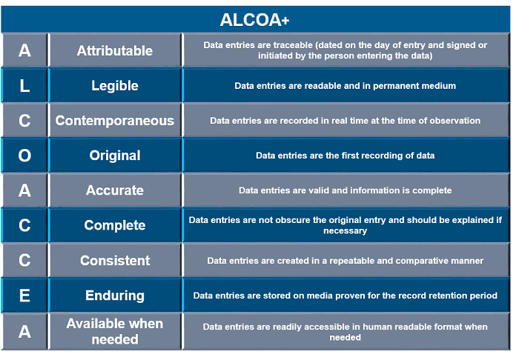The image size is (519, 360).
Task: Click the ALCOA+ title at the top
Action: click(254, 20)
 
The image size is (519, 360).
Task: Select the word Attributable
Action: click(115, 50)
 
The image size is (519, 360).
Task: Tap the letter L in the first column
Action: click(24, 86)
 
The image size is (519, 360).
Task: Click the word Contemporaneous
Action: click(115, 121)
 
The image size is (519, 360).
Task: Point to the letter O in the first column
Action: click(24, 156)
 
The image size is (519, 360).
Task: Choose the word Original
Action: click(115, 156)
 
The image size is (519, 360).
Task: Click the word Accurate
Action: click(115, 190)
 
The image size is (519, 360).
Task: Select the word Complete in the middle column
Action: click(115, 225)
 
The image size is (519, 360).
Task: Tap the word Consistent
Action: click(115, 261)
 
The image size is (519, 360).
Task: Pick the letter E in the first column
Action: click(24, 296)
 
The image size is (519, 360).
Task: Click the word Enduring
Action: click(115, 296)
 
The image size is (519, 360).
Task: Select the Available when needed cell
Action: click(115, 331)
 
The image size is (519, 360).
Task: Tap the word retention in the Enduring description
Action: click(456, 296)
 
